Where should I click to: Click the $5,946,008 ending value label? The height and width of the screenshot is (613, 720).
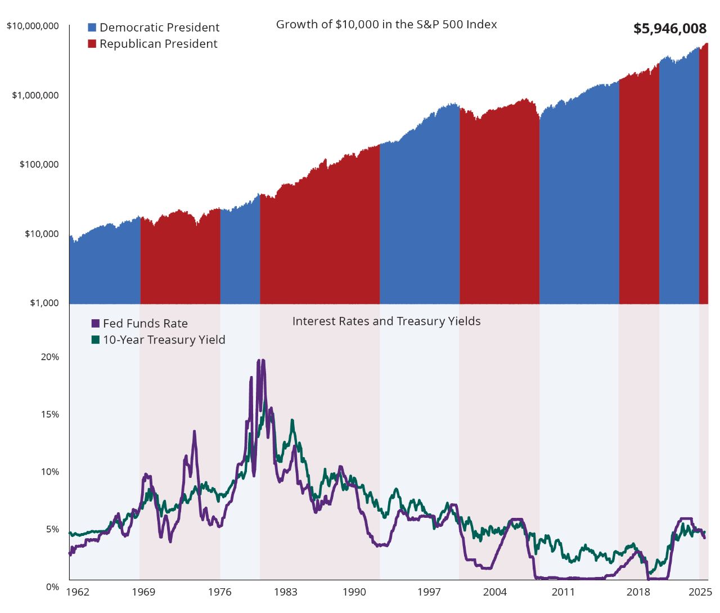click(669, 29)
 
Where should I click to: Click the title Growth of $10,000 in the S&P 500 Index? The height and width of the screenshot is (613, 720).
click(386, 25)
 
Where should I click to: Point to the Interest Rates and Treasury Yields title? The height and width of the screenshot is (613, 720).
click(386, 321)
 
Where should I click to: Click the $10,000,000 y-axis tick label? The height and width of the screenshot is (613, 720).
click(33, 26)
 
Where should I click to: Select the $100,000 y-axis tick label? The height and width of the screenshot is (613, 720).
click(39, 164)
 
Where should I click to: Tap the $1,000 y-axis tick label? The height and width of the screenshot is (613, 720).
click(44, 303)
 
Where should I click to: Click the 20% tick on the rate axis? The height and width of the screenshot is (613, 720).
click(49, 357)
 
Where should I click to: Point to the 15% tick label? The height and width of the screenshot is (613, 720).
click(49, 414)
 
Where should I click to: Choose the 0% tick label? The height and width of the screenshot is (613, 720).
click(52, 587)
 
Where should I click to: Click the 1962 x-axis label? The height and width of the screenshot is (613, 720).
click(78, 592)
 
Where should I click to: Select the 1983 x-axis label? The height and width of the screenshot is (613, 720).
click(285, 592)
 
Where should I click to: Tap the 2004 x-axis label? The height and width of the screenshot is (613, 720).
click(494, 592)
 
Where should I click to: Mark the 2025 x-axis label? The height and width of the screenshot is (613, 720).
click(700, 592)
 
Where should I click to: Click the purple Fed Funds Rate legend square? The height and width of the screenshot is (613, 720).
click(96, 324)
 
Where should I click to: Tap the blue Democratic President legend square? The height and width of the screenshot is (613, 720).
click(92, 28)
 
